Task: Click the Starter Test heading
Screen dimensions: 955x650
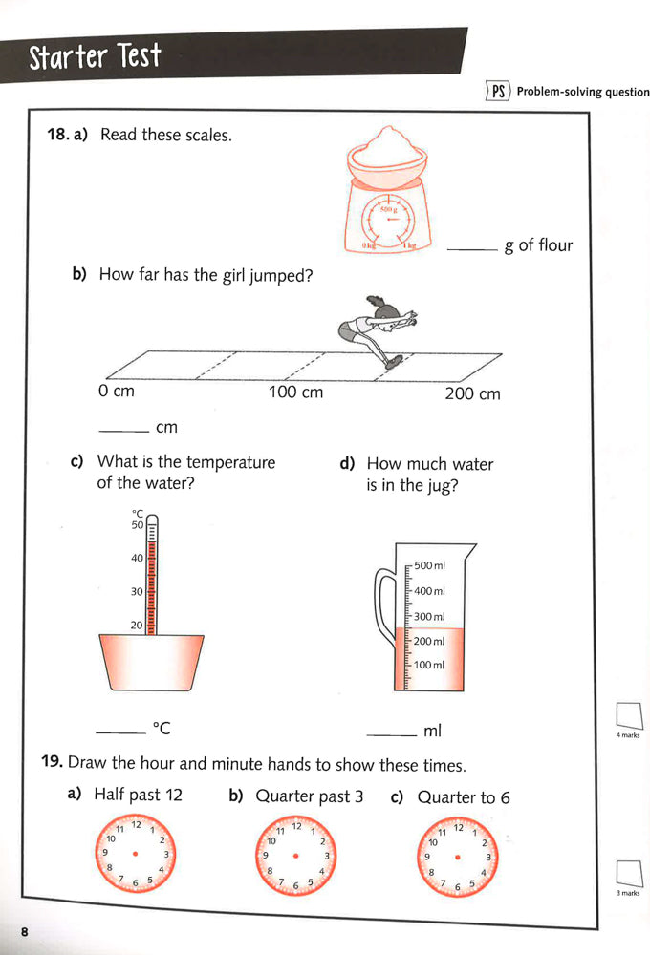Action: coord(95,57)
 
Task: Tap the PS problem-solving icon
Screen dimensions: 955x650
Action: coord(497,92)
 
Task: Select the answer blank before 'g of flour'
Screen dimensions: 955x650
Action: coord(472,249)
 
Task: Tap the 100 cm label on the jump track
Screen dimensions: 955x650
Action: coord(295,393)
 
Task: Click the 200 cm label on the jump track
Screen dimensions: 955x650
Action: coord(472,393)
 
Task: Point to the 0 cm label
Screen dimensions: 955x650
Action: coord(117,392)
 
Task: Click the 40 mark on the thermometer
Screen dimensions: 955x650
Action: coord(137,558)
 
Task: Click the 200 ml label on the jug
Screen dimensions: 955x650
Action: coord(429,641)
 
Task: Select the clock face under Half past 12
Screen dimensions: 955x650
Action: coord(136,852)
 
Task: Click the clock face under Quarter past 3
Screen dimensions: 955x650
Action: coord(296,852)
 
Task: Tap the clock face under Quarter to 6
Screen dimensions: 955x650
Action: coord(458,852)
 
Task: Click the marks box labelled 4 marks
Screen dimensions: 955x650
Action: coord(628,715)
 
